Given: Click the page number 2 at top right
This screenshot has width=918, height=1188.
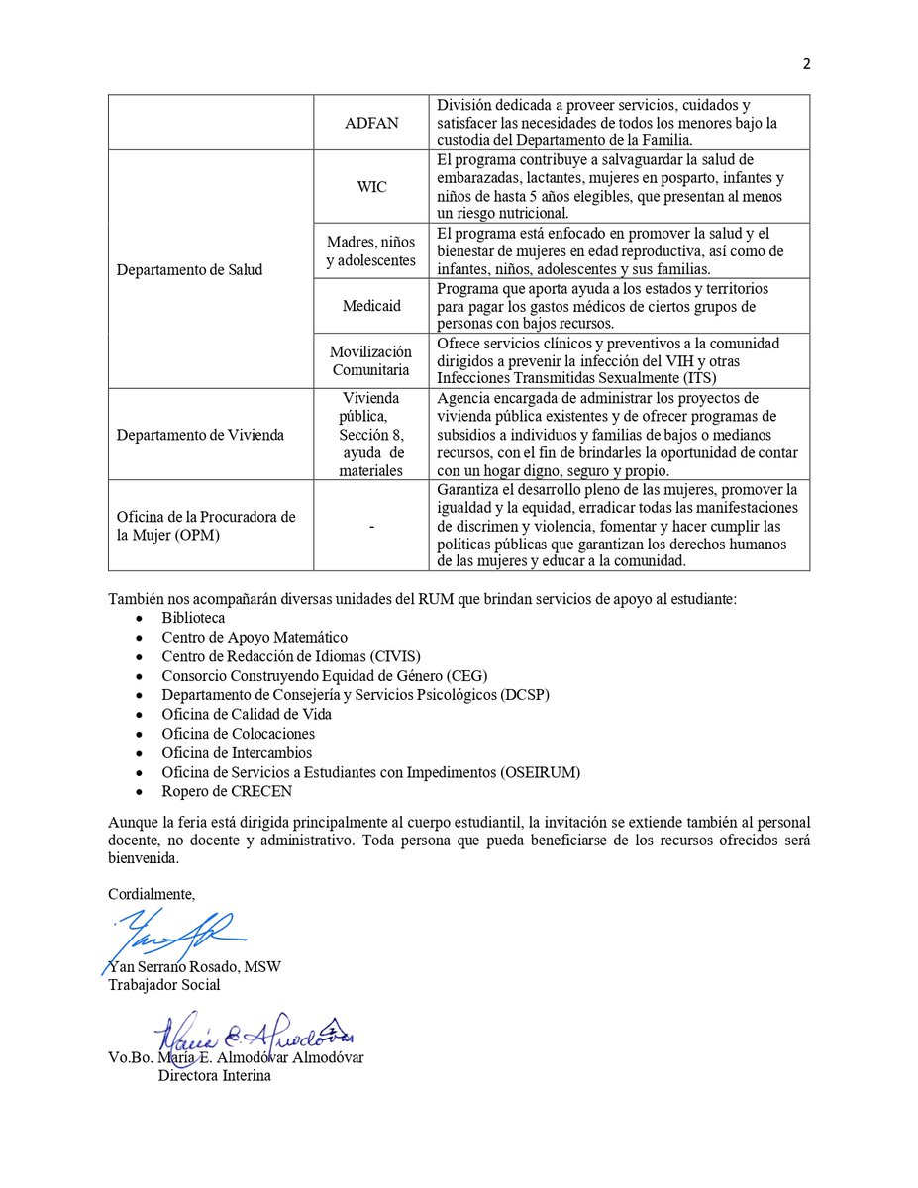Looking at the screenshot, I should tap(806, 64).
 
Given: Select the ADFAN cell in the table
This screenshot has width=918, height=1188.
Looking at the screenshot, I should tap(370, 123).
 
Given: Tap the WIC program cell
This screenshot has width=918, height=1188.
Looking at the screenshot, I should tap(370, 186).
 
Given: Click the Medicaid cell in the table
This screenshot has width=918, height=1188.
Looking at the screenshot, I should tap(370, 306).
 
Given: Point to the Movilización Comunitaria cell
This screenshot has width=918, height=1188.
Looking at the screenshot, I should tap(370, 360).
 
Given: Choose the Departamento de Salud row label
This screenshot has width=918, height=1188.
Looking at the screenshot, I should tap(189, 269).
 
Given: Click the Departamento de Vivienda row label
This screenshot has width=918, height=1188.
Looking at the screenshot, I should tap(199, 434).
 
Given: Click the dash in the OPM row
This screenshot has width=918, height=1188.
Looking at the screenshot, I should tap(370, 527).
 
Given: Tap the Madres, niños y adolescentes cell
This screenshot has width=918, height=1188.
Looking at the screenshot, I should tap(370, 251).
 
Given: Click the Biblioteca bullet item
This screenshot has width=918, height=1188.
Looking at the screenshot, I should tap(193, 618).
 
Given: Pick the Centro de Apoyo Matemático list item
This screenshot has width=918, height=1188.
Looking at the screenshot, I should tap(255, 638).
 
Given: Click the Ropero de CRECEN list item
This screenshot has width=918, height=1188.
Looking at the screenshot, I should tap(227, 792).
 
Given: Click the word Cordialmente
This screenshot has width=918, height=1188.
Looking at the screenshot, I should tap(152, 894).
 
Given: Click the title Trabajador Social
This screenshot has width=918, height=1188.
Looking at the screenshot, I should tap(163, 985).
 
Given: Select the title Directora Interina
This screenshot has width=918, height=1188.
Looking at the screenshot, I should tap(214, 1076).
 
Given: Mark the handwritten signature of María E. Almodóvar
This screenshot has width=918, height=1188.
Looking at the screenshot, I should tap(248, 1036).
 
